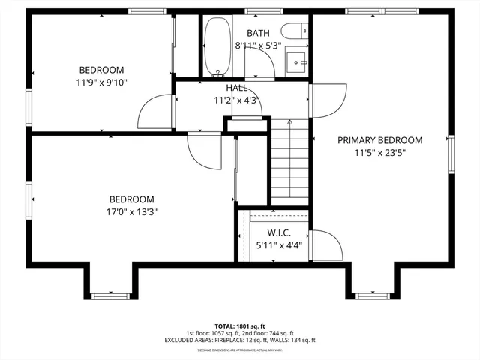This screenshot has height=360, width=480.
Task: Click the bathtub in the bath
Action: (218, 46)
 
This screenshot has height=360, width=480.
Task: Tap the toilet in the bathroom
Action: (291, 31)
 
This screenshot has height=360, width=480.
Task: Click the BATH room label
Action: (258, 34)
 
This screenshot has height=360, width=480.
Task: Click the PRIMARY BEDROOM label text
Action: (379, 140)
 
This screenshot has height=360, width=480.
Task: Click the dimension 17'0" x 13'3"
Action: (132, 211)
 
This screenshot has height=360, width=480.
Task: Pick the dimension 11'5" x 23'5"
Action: (379, 153)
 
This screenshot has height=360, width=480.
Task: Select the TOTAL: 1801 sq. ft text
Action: (240, 325)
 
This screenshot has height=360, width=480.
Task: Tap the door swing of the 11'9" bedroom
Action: (157, 112)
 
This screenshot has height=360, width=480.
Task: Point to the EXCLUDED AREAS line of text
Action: (240, 340)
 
